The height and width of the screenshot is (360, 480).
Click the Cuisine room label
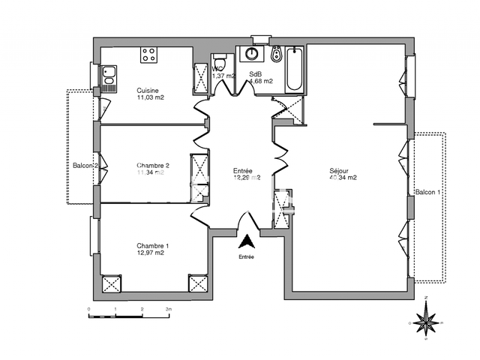pos(147,90)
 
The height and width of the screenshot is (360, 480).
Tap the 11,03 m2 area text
pos(150,97)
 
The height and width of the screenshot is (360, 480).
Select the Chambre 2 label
pos(153,165)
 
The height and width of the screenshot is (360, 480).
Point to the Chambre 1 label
pos(152,245)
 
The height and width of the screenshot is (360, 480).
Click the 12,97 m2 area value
pos(150,253)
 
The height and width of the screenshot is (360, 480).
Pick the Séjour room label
pos(339,170)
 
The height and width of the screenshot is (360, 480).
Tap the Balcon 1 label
pos(429,192)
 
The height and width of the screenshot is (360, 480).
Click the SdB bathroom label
pos(255,74)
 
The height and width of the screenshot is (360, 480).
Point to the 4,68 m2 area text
pos(260,81)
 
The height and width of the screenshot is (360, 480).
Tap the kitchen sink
pos(109,76)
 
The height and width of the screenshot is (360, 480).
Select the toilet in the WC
pos(218,61)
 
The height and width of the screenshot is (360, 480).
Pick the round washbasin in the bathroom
pos(249,55)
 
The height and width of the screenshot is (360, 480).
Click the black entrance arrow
pos(247,241)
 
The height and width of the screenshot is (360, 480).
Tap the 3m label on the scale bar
pos(169,308)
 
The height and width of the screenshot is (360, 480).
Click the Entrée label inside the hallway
pos(242,170)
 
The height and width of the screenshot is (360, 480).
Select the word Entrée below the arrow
pos(246,257)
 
